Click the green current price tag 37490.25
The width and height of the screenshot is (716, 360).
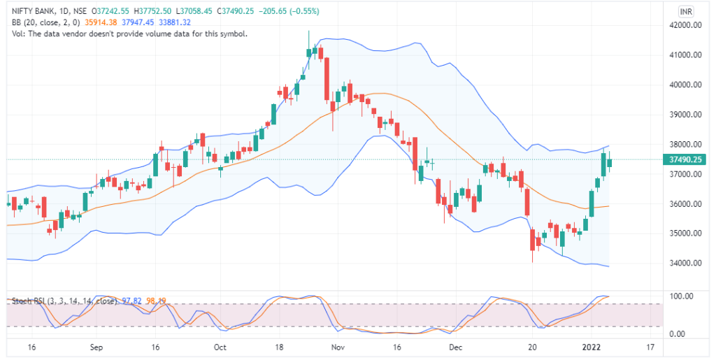(685, 160)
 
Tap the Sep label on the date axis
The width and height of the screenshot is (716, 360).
(96, 347)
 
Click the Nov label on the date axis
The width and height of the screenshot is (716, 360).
(338, 347)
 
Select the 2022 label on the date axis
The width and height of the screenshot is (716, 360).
(591, 347)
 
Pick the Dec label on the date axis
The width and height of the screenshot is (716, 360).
(455, 347)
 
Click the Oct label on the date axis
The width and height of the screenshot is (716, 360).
(220, 347)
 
